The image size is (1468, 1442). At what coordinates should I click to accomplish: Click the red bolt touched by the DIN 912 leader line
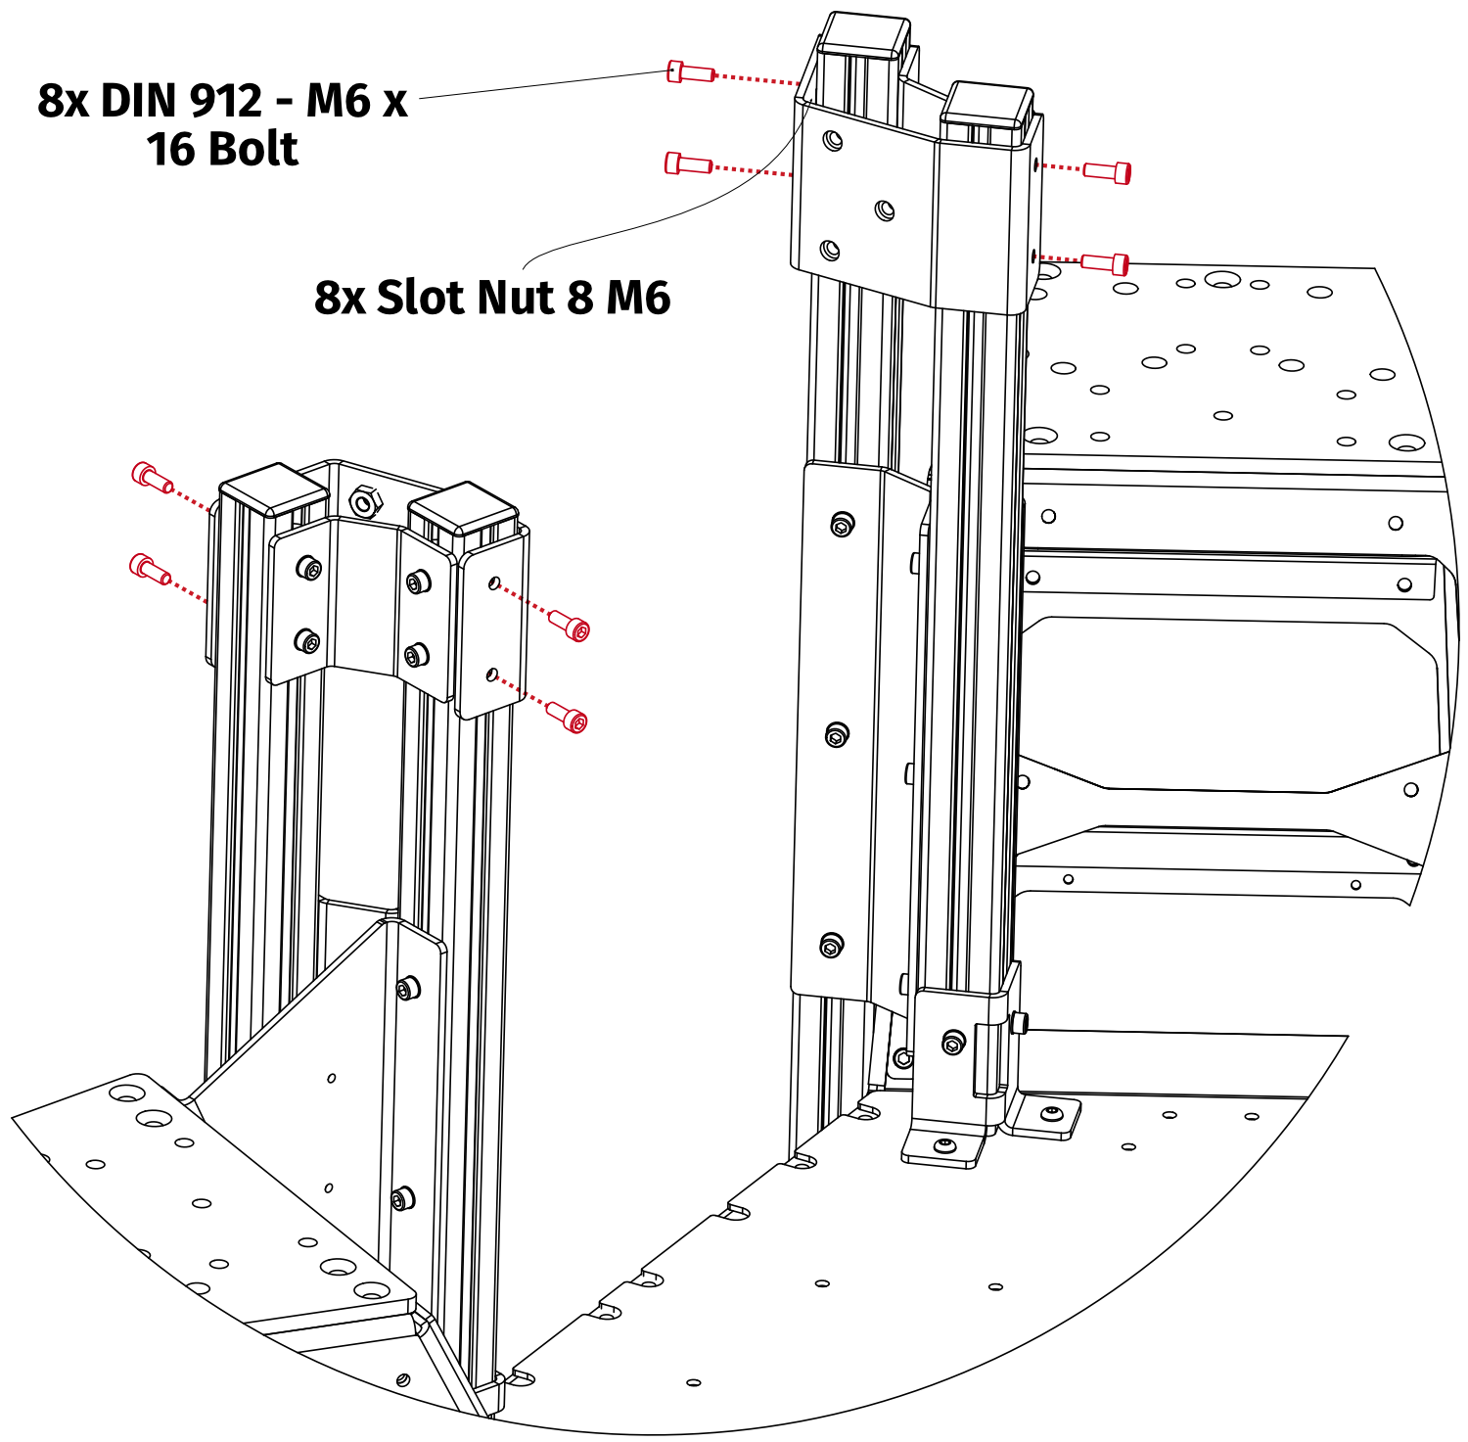690,71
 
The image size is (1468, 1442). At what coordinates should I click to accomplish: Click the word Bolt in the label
252,150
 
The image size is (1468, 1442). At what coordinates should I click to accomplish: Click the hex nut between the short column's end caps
364,503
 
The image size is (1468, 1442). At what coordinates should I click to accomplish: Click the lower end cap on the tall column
987,106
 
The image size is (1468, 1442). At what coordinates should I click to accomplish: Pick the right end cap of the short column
461,506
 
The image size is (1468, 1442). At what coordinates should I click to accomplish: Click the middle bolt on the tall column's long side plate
837,734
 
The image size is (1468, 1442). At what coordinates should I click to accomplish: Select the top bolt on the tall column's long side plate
842,526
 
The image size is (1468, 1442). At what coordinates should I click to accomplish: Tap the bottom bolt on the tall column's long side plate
831,946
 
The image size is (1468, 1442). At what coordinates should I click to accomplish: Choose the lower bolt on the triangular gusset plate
402,1198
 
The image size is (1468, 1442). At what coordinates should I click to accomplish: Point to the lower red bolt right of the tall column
1106,262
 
